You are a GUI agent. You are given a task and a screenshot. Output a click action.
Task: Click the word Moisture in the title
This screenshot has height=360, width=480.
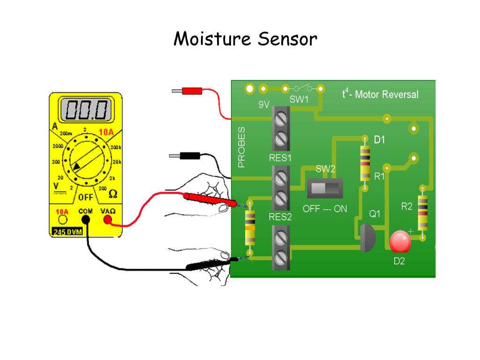[x=211, y=39]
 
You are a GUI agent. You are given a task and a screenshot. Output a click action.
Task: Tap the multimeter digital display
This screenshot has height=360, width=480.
[x=86, y=111]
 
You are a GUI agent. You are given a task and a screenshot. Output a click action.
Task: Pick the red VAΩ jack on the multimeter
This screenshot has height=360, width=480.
[x=108, y=220]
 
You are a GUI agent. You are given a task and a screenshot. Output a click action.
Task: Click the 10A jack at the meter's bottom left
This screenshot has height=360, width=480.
[x=62, y=220]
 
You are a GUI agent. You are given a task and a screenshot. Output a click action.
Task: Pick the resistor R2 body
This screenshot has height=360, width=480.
[x=423, y=213]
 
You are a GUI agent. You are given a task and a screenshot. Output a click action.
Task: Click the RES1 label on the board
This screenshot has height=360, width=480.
[x=280, y=158]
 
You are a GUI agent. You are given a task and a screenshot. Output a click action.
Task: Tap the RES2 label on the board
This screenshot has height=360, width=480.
[x=280, y=217]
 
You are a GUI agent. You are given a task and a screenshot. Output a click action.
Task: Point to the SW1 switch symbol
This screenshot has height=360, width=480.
[x=303, y=88]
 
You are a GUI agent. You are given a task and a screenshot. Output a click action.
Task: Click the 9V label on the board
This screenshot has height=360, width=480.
[x=264, y=105]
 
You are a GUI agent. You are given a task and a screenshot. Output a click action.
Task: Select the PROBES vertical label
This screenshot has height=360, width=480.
[x=241, y=147]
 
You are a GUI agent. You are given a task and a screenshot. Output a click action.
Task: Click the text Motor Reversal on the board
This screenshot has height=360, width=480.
[x=386, y=94]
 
